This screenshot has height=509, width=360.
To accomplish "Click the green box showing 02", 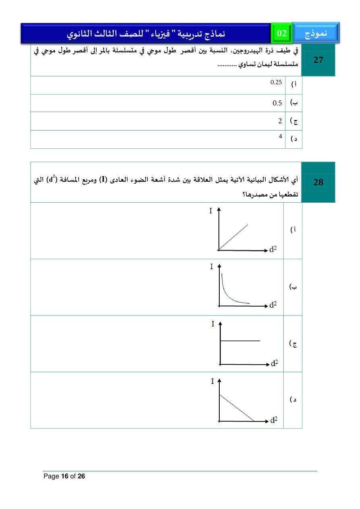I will (281, 33).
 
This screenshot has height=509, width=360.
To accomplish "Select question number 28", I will (318, 183).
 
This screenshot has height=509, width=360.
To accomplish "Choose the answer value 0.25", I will (276, 83).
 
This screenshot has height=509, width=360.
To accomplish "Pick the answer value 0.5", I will (277, 103).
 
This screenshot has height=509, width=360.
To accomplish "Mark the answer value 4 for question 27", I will (280, 137).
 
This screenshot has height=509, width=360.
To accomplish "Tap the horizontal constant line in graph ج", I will (240, 341).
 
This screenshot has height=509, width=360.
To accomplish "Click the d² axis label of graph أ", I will (273, 250).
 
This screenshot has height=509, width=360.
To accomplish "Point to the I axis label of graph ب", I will (211, 267).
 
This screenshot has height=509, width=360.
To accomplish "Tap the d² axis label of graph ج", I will (274, 364).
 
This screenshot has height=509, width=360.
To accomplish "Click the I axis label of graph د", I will (212, 381).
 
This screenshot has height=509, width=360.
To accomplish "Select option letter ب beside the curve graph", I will (293, 287).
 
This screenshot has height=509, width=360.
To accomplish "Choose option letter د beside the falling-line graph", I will (294, 400).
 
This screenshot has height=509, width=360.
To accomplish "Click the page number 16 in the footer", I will (65, 476).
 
